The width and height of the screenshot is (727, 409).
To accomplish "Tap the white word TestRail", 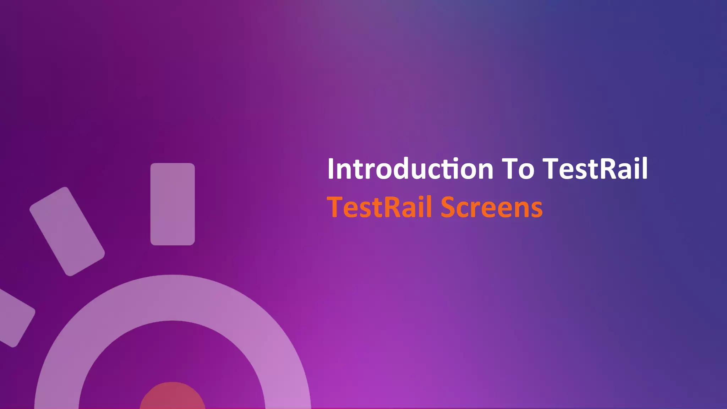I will tap(595, 169).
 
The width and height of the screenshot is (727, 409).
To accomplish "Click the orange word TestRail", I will tap(379, 207).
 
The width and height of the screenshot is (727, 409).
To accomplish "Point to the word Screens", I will tap(492, 207).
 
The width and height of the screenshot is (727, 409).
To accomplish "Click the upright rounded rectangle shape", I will tap(173, 204).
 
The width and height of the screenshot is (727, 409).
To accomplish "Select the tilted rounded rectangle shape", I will tap(67, 231).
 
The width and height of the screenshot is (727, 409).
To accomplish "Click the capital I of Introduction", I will tap(331, 169).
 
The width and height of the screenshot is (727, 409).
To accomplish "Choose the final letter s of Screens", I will tap(536, 209).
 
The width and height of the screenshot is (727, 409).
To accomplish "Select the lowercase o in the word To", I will tap(526, 171).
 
